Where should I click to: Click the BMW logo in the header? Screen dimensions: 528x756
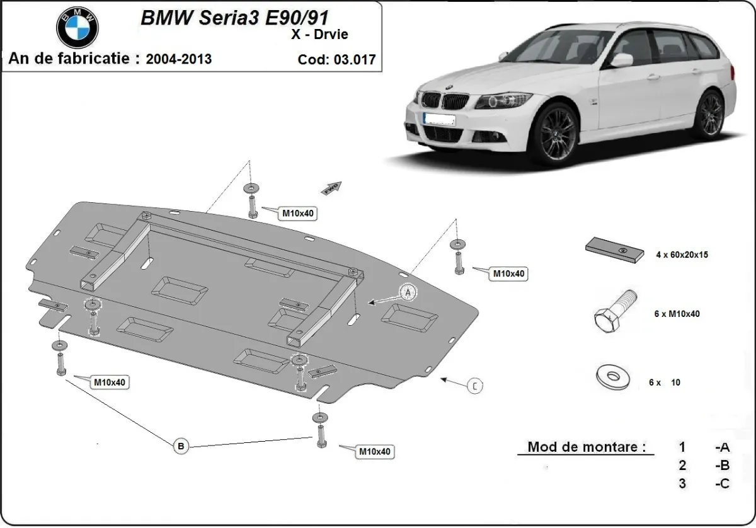coord(77,27)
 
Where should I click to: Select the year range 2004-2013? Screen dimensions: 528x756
coord(179,59)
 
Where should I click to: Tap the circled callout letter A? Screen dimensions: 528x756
coord(408,292)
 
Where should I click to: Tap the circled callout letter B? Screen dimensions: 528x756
coord(181,446)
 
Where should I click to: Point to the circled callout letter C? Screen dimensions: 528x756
coord(475,386)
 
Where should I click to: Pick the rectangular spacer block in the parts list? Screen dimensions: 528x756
coord(615,250)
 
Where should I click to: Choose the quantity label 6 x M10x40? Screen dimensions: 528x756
coord(677,314)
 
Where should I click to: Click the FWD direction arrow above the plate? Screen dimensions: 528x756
coord(331,187)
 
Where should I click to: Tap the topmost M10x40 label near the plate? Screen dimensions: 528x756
coord(298,214)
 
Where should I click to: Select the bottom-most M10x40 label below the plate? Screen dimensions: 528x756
coord(375,451)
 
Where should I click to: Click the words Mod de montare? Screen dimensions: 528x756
coord(587,447)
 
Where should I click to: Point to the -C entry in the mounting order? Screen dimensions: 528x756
coord(722,483)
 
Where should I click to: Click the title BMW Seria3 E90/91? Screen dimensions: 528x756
coord(234,17)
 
